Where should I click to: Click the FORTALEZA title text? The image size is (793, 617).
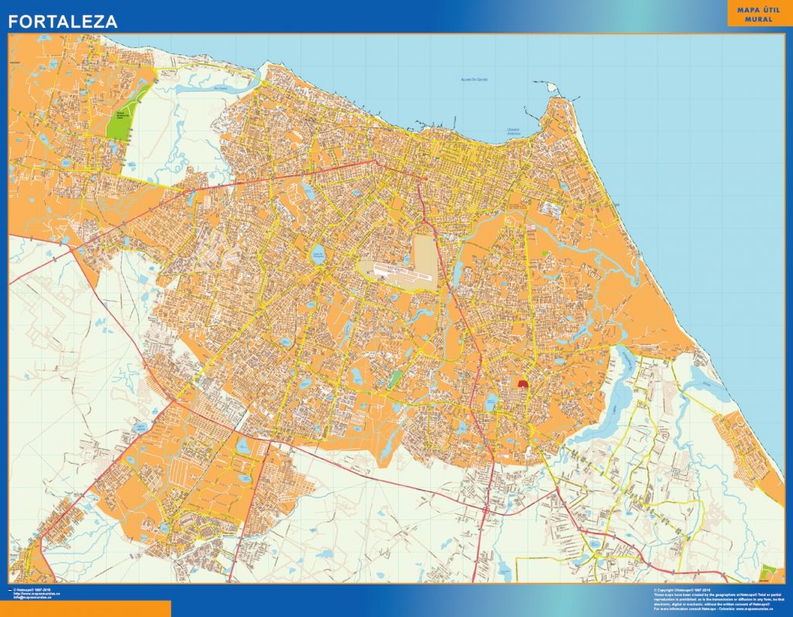(63, 22)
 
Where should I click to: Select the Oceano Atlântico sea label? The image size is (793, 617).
(513, 132)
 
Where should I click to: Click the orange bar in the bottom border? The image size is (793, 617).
(85, 608)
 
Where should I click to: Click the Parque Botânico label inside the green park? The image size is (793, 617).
(119, 115)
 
